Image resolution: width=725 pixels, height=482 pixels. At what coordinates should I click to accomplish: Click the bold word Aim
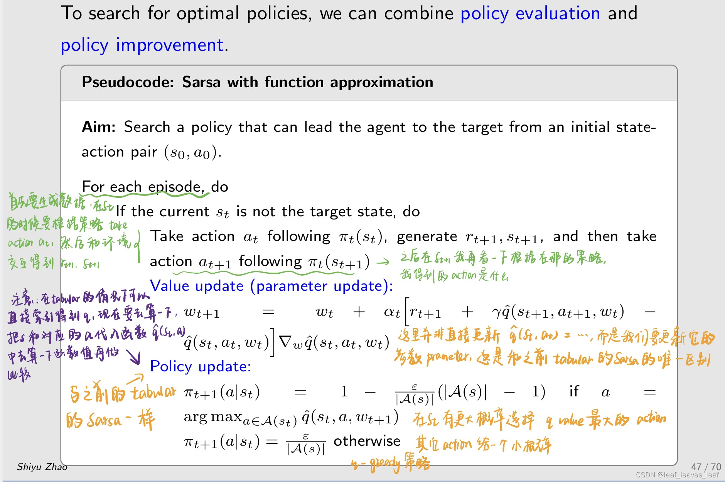(x=98, y=127)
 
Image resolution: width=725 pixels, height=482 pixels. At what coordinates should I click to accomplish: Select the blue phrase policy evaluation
(x=530, y=14)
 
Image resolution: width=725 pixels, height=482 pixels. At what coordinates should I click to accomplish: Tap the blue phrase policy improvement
(x=142, y=46)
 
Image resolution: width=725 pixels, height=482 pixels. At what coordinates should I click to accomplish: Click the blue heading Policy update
(x=200, y=366)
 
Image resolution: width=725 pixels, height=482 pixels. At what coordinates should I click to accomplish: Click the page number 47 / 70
(x=706, y=467)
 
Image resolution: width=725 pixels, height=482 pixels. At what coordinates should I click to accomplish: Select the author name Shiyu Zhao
(x=42, y=467)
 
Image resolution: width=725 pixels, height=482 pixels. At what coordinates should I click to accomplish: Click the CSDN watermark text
(x=677, y=475)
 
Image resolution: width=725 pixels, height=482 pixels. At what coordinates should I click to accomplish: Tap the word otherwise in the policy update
(x=367, y=441)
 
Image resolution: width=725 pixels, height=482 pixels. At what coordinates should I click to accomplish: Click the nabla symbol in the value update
(x=285, y=342)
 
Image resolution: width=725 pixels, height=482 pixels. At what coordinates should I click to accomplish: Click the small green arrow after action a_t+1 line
(x=383, y=263)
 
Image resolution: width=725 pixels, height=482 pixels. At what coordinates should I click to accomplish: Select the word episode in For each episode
(x=176, y=187)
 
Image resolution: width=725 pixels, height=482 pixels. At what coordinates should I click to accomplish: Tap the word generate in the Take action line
(x=427, y=236)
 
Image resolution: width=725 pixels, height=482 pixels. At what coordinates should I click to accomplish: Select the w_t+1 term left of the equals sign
(x=202, y=312)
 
